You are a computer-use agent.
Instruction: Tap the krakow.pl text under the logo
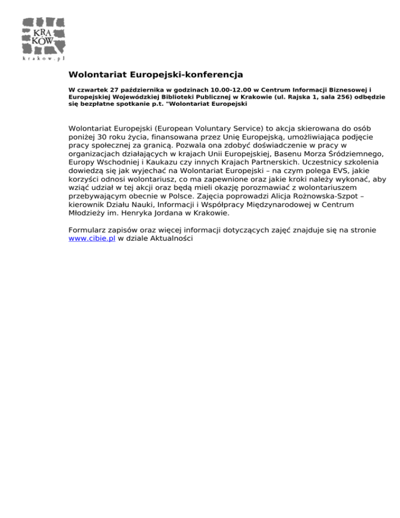(x=44, y=59)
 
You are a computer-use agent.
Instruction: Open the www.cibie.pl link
(x=91, y=238)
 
